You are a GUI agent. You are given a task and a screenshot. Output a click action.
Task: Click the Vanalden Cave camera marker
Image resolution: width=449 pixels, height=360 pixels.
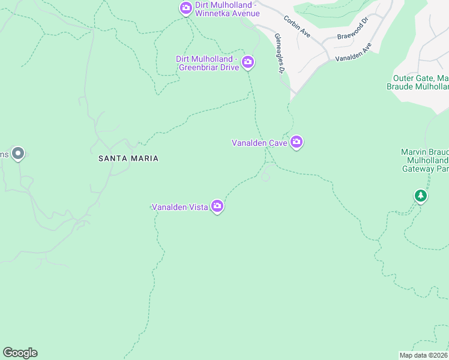[297, 142]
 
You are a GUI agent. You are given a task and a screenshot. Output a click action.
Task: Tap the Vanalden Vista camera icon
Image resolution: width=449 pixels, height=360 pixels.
[217, 206]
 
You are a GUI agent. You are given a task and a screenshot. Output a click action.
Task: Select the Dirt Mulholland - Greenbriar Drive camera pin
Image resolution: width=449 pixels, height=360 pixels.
[248, 62]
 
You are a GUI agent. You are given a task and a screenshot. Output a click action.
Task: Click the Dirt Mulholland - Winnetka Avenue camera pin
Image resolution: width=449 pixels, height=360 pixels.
[186, 8]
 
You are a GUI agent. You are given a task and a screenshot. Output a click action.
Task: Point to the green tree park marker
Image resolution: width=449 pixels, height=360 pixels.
[421, 196]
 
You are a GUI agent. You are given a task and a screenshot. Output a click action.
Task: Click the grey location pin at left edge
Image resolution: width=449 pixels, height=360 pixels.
[18, 154]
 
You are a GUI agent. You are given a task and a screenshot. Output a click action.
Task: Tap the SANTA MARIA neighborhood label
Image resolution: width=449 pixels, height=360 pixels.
[129, 158]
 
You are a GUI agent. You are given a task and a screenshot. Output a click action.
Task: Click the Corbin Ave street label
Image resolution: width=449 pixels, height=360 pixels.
[297, 27]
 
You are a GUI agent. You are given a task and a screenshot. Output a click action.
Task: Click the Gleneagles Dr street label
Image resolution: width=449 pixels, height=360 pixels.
[279, 53]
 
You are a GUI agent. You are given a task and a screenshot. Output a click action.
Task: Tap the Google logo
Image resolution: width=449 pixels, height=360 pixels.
[20, 353]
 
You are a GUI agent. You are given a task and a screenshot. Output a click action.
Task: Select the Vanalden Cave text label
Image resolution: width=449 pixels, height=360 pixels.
[259, 143]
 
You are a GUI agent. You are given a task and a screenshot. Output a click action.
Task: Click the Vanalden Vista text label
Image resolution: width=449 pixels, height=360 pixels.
[179, 207]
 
